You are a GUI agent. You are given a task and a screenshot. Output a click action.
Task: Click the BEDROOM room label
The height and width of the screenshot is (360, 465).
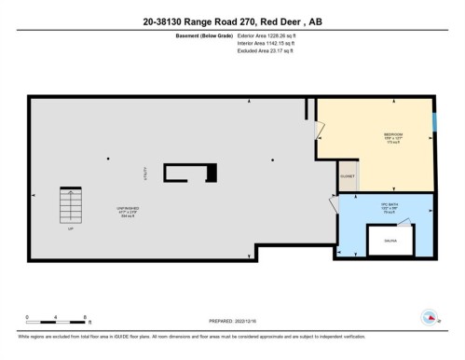point(392,135)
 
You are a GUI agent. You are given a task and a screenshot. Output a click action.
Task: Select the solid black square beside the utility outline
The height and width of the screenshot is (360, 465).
point(211,173)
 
